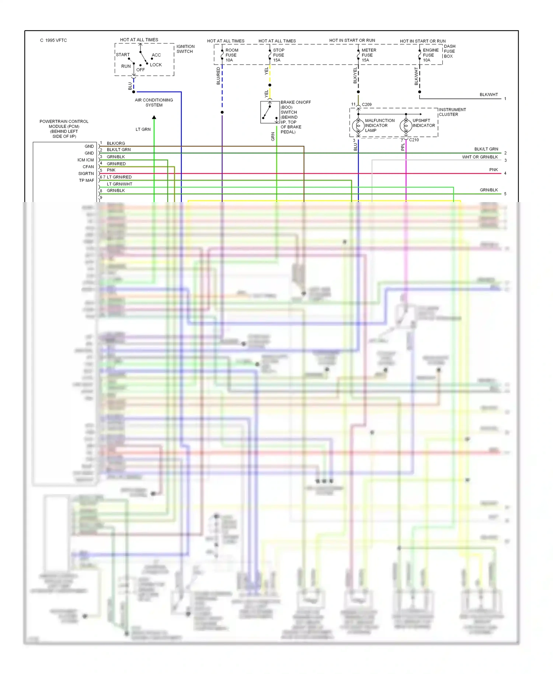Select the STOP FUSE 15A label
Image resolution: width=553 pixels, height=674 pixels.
(278, 55)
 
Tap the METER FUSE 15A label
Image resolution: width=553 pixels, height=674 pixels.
(368, 55)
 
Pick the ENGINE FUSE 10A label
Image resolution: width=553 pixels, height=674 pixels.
(430, 55)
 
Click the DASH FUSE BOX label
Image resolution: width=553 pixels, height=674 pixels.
(449, 51)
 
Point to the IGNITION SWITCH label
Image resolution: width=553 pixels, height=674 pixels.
(185, 49)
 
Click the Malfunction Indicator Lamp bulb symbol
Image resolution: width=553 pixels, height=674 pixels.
(358, 126)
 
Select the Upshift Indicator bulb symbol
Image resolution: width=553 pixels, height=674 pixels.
(406, 126)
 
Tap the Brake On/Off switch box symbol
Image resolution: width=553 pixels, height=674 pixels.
(270, 112)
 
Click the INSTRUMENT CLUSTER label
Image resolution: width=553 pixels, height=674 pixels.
(452, 112)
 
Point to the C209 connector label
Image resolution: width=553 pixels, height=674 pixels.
(367, 105)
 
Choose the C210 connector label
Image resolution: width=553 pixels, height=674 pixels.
(414, 140)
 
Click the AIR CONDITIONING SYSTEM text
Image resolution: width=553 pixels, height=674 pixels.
(154, 103)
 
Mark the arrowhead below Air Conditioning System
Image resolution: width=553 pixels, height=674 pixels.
(154, 117)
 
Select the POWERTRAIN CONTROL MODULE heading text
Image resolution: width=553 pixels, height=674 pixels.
(64, 129)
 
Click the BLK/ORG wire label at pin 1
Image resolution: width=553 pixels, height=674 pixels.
(116, 143)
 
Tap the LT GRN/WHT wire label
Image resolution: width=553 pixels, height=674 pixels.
(119, 184)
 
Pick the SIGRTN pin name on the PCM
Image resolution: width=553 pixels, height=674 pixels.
(86, 174)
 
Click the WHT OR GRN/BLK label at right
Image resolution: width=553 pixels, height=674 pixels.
(480, 157)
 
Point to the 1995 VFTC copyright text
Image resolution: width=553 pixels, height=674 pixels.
(53, 41)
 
